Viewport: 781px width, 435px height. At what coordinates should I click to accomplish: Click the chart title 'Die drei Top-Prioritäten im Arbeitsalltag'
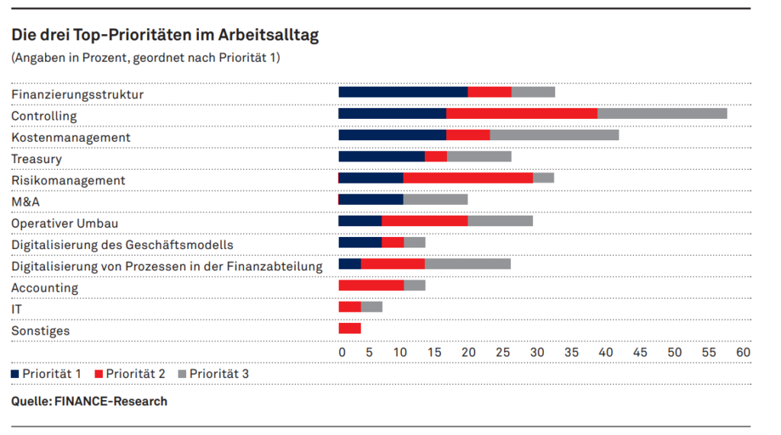(x=165, y=35)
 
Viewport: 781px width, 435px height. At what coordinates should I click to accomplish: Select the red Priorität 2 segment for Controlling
(x=522, y=114)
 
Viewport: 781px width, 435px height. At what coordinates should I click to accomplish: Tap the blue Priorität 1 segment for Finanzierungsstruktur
(x=403, y=92)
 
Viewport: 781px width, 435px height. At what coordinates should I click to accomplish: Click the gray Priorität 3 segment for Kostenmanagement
(x=554, y=136)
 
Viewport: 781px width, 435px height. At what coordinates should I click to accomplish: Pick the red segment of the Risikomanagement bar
(x=468, y=178)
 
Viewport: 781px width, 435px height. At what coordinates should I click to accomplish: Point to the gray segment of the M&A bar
(x=435, y=200)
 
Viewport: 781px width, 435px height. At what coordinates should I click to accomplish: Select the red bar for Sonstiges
(x=349, y=328)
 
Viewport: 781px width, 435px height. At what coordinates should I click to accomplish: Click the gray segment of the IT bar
(x=371, y=307)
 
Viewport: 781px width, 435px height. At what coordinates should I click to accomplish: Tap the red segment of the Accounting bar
(x=371, y=286)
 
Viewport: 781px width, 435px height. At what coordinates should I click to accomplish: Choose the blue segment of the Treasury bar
(x=381, y=157)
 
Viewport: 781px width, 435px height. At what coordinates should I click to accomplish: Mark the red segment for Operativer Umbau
(x=424, y=221)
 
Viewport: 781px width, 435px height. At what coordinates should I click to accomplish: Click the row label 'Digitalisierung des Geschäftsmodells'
(x=122, y=245)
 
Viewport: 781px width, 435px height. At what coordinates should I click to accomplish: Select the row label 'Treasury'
(x=36, y=158)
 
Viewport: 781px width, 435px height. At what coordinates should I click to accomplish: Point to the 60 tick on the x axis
(x=743, y=353)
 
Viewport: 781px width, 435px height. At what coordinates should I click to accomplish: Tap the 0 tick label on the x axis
(x=342, y=353)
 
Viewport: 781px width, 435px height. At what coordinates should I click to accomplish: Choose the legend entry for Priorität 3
(x=213, y=374)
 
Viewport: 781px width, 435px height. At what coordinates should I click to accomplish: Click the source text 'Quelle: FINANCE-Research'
(x=89, y=401)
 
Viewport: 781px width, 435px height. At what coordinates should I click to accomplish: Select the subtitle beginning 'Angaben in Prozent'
(x=145, y=58)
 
